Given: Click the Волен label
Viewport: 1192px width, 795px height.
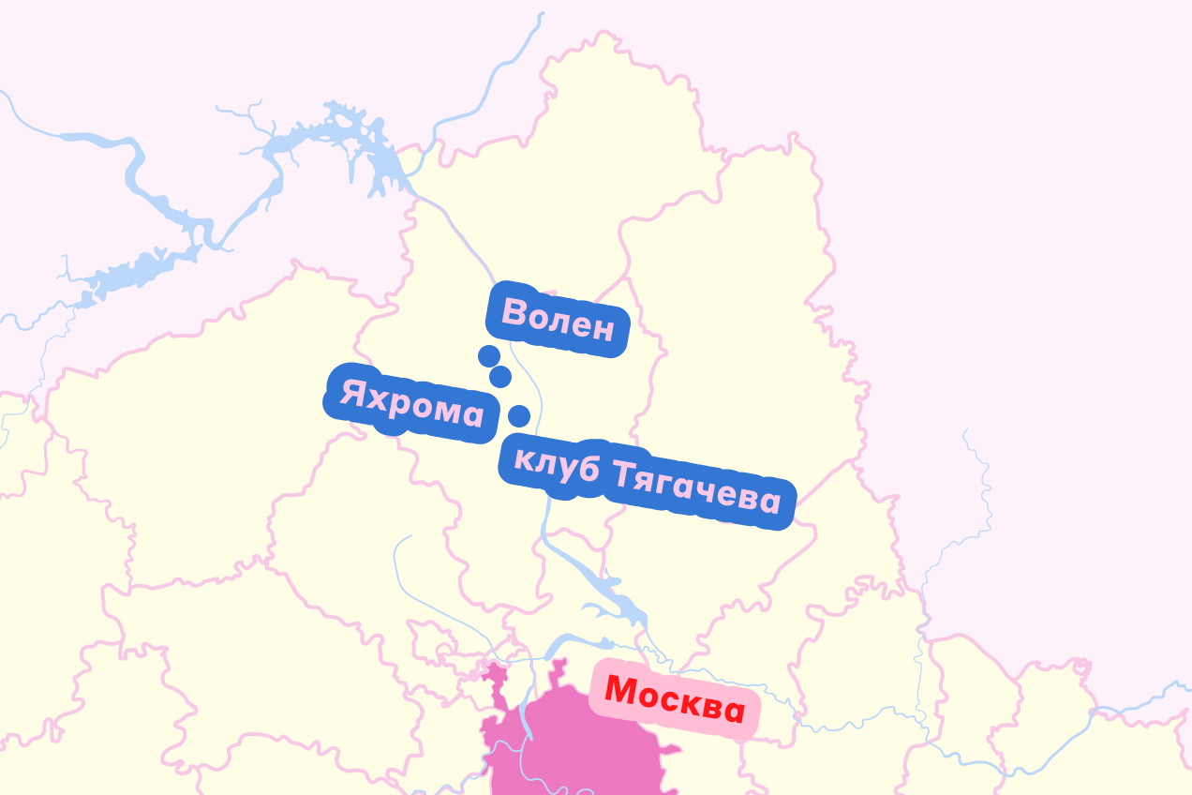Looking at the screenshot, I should pos(559,320).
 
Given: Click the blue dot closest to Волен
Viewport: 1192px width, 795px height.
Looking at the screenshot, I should pos(488,356).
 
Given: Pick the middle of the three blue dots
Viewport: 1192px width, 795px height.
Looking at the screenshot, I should pos(500,377).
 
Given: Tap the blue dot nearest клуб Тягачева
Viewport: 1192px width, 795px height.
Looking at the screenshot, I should pos(518,415).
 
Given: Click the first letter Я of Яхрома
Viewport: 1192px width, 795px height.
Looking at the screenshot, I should pos(352,393).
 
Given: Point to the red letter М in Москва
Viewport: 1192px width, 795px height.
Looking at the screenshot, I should pos(622,690).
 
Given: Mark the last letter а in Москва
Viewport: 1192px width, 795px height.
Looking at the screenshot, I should pos(732,712).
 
